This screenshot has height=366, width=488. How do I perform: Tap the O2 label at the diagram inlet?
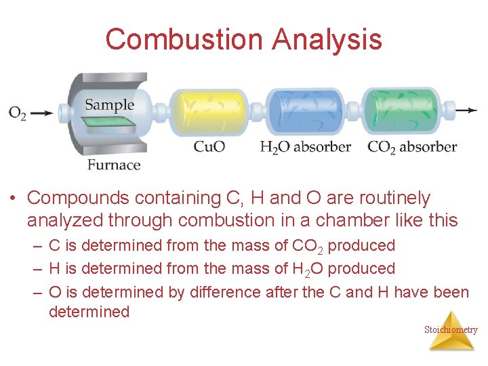coord(18,113)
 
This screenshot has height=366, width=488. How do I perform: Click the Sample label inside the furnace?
coord(109,105)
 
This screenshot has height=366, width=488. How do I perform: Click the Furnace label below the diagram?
coord(114,165)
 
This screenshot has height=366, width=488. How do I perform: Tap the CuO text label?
coord(209,146)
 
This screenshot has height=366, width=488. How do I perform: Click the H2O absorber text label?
coord(305,146)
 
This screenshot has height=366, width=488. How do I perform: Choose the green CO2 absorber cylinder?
coord(401,112)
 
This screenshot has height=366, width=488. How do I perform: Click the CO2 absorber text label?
coord(412,146)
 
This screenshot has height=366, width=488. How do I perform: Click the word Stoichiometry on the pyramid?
coord(451,330)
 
